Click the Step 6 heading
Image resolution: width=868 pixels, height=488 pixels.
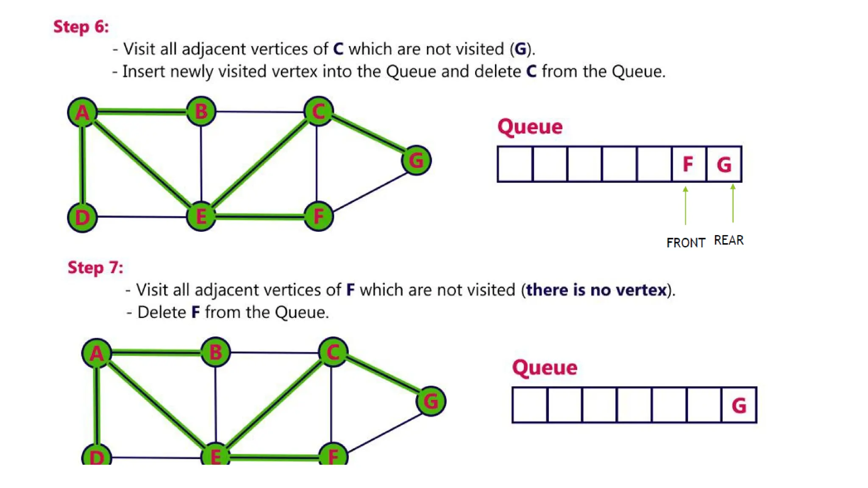tap(81, 27)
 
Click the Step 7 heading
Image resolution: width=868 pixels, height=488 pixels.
tap(95, 268)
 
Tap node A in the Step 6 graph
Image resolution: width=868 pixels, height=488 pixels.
tap(83, 112)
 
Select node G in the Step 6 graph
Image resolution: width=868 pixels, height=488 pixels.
tap(416, 161)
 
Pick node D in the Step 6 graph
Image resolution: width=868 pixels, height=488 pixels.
tap(83, 217)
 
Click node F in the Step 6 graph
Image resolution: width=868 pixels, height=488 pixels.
tap(319, 216)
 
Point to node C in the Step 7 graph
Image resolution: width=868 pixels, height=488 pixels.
tap(333, 352)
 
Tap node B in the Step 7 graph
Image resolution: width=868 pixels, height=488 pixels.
tap(216, 352)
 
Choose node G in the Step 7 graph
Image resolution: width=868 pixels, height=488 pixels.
tap(431, 401)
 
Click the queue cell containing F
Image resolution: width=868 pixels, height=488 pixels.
tap(688, 164)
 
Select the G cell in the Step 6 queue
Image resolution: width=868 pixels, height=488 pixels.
tap(724, 164)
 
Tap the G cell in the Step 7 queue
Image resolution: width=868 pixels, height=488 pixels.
tap(739, 405)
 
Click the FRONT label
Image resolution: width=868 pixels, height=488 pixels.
tap(685, 243)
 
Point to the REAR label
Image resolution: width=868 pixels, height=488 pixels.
tap(729, 240)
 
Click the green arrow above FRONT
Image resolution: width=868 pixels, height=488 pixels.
tap(685, 205)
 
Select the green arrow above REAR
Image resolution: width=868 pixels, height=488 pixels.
tap(733, 203)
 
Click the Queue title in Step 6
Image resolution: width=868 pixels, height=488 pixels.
tap(530, 127)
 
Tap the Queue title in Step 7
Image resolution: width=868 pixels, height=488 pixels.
tap(545, 367)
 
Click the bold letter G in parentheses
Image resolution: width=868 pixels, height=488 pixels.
tap(520, 49)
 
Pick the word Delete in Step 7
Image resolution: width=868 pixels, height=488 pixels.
tap(161, 313)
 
